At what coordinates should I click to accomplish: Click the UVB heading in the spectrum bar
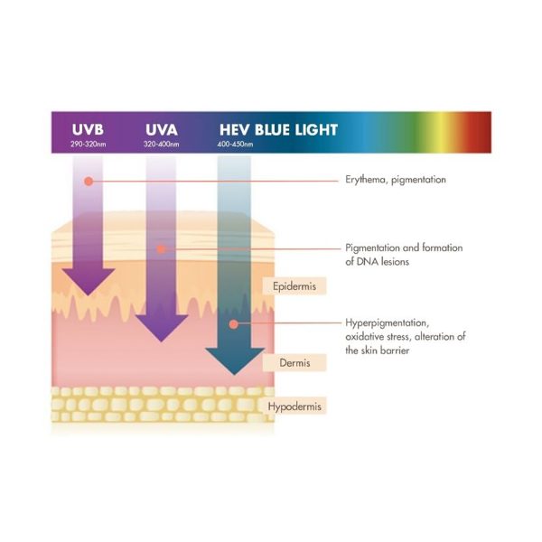[x=88, y=129]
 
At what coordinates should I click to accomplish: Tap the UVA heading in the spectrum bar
[x=162, y=129]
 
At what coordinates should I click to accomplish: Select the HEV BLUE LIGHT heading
[x=278, y=129]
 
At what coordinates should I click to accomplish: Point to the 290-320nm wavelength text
[x=89, y=145]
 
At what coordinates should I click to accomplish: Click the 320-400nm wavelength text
[x=162, y=145]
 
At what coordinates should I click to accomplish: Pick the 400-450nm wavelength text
[x=235, y=145]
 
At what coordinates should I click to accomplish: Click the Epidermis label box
[x=294, y=285]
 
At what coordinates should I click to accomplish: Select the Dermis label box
[x=294, y=362]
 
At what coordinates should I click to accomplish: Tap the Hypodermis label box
[x=294, y=406]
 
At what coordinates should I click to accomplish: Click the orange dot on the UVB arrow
[x=89, y=182]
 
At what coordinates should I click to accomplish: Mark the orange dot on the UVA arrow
[x=161, y=249]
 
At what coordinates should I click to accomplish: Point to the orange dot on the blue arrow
[x=234, y=324]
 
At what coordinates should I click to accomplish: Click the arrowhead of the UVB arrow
[x=89, y=281]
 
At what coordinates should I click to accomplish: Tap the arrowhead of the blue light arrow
[x=234, y=360]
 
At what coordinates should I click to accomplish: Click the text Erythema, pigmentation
[x=396, y=180]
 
